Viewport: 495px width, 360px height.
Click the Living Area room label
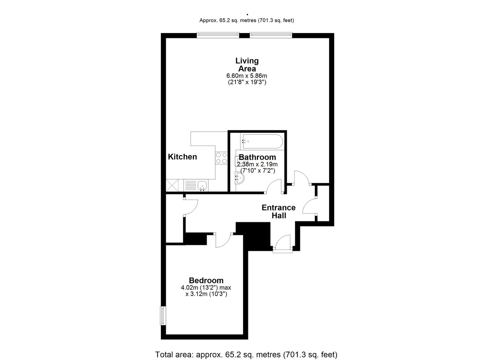tap(247, 64)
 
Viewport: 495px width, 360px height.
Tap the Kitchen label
tap(182, 157)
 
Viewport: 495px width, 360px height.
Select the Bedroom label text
tap(206, 280)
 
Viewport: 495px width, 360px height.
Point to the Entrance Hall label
tap(279, 212)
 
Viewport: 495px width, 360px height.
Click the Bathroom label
tap(257, 157)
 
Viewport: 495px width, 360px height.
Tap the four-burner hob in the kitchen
tap(222, 158)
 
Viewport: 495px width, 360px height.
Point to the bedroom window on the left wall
tap(163, 315)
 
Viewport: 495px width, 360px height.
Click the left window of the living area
tap(218, 35)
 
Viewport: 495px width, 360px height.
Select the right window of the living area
tap(271, 35)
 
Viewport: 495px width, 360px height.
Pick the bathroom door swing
tap(273, 185)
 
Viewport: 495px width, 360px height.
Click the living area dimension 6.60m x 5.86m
tap(247, 76)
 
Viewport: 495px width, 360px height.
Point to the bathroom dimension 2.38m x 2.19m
tap(257, 164)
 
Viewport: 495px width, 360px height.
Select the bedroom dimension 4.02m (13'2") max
tap(206, 287)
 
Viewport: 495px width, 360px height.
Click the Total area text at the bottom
tap(246, 348)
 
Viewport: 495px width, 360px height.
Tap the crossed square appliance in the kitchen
tap(172, 185)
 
